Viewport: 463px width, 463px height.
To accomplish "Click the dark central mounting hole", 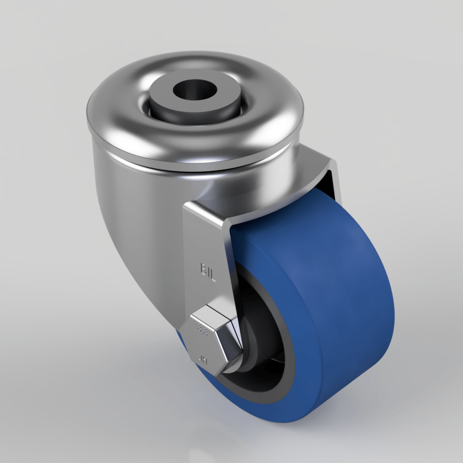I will pos(191,88).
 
